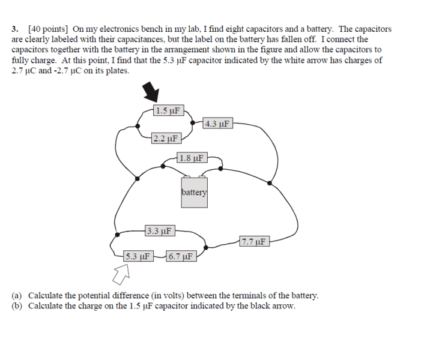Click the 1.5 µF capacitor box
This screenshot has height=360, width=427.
coord(169,110)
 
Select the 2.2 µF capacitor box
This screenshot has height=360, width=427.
coord(166,139)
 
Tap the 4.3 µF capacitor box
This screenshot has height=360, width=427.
coord(218,124)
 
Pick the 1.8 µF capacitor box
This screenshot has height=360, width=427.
coord(192,158)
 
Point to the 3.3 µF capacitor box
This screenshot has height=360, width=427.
coord(160,231)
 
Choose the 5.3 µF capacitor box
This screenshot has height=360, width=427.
coord(138,256)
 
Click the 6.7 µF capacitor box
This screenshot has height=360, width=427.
coord(181,256)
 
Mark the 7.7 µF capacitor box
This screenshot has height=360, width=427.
coord(255,241)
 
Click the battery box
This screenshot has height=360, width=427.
coord(195,193)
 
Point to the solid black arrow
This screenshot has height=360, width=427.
coord(151,92)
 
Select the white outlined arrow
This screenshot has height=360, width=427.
coord(121,275)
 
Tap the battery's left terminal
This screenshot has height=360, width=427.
coord(187,176)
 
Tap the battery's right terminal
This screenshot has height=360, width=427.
coord(202,176)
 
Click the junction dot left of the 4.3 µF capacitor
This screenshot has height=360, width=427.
coord(193,123)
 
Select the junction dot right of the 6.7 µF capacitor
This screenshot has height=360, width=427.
coord(206,247)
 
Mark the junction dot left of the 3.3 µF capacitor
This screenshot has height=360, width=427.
coord(117,235)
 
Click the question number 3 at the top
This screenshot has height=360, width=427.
coord(15,29)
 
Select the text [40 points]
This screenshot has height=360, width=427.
coord(48,29)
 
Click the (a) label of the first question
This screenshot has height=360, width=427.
coord(17,296)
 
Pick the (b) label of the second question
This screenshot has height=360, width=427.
coord(17,306)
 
